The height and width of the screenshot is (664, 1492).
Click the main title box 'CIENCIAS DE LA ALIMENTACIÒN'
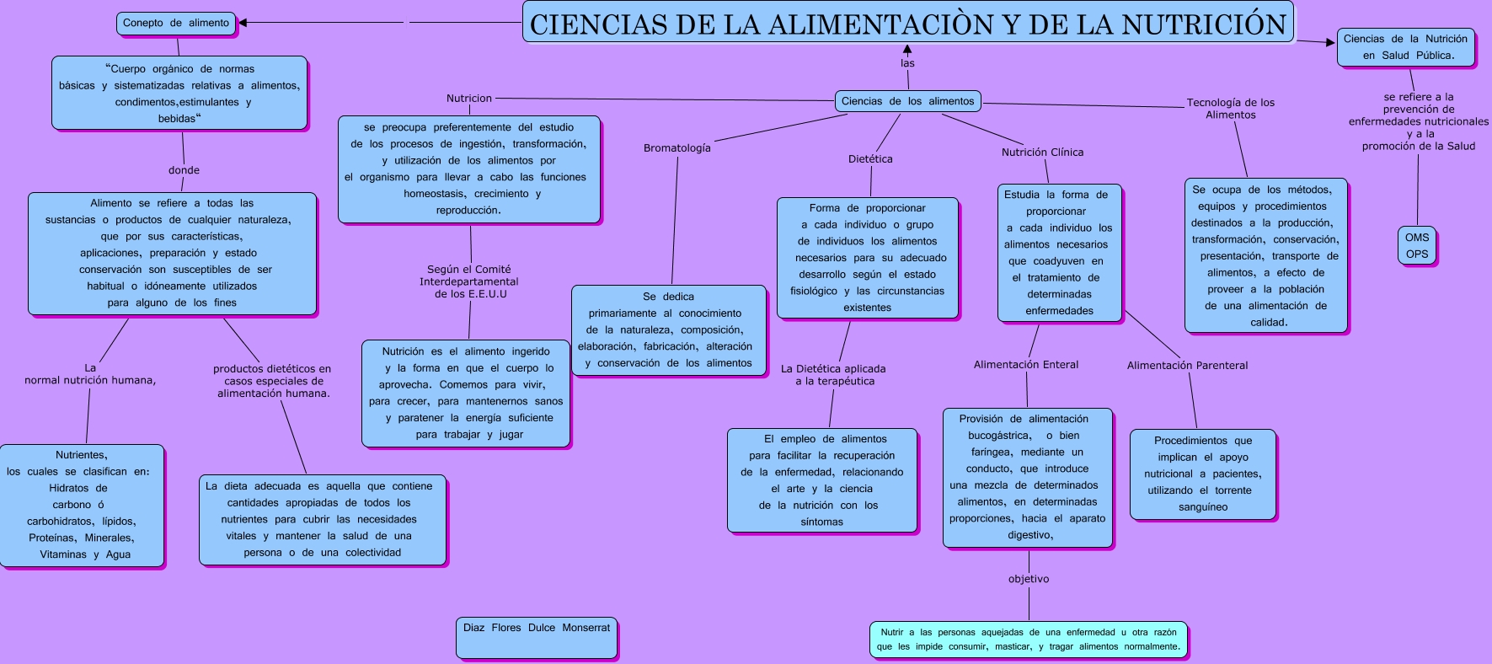(907, 23)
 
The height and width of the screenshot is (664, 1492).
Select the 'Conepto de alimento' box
(176, 24)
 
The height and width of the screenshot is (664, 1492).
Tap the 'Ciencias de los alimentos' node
(907, 101)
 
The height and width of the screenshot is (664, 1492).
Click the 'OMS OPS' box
(1417, 246)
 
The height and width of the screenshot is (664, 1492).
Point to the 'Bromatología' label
(677, 148)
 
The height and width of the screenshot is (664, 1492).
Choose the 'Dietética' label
(870, 159)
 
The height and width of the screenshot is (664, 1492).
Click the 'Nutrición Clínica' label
(1042, 153)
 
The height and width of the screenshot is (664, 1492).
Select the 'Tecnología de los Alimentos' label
(1230, 109)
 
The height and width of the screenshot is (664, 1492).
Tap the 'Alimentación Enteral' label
(1026, 365)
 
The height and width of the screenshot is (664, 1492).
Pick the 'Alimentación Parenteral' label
(1187, 366)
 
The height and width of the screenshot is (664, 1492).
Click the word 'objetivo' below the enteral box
(1029, 579)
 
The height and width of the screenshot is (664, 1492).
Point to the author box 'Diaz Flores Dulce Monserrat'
(537, 637)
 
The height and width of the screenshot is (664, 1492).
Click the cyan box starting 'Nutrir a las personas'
(1029, 640)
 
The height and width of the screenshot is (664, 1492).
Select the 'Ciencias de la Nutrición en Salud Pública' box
(1406, 47)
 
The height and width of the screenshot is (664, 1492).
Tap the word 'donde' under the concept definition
(184, 170)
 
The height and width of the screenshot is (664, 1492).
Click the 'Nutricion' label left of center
(469, 99)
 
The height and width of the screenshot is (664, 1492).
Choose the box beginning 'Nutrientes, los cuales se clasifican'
(82, 505)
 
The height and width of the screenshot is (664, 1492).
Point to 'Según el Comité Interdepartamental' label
(469, 281)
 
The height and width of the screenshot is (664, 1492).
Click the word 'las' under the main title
(907, 63)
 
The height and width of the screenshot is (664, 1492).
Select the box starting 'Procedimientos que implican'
(1203, 474)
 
